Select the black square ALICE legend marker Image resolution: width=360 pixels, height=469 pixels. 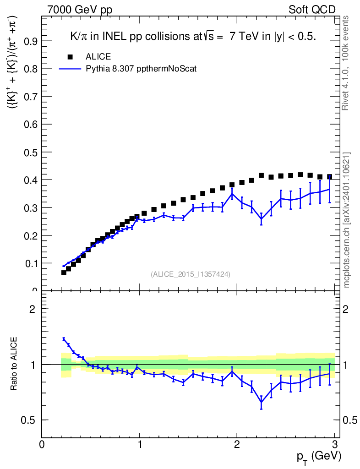[x=70, y=57]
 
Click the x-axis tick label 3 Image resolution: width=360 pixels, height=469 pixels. [x=335, y=444]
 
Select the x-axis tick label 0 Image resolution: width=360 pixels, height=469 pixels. [x=42, y=444]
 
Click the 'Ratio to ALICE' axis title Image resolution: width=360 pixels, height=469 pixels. [x=15, y=365]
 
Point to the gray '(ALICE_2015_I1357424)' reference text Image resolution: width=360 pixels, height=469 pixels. [x=190, y=274]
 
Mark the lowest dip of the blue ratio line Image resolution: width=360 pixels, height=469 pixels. [x=261, y=402]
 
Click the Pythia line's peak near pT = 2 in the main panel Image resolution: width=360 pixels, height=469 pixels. [x=232, y=194]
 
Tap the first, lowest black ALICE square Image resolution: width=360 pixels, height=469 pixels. [x=64, y=273]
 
